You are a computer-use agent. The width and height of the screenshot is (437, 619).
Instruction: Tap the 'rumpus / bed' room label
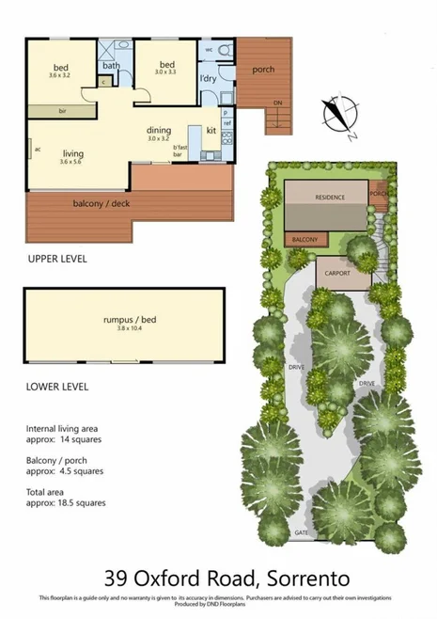(x=130, y=320)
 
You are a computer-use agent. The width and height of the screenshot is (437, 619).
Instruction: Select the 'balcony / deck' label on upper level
(x=97, y=203)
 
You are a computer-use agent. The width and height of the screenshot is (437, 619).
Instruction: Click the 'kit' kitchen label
(x=211, y=129)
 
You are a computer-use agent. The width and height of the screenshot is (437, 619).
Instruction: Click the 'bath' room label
(x=112, y=66)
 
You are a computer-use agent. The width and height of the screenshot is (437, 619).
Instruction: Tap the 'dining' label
(x=158, y=131)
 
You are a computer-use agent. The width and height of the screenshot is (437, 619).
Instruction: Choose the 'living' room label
(x=73, y=153)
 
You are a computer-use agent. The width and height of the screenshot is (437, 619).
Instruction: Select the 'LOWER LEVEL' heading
(x=57, y=386)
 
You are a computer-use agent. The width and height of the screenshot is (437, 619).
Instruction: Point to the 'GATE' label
(x=302, y=532)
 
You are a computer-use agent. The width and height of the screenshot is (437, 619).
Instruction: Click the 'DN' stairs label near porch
(x=276, y=102)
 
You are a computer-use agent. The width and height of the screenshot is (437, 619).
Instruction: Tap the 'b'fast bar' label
(x=180, y=150)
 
